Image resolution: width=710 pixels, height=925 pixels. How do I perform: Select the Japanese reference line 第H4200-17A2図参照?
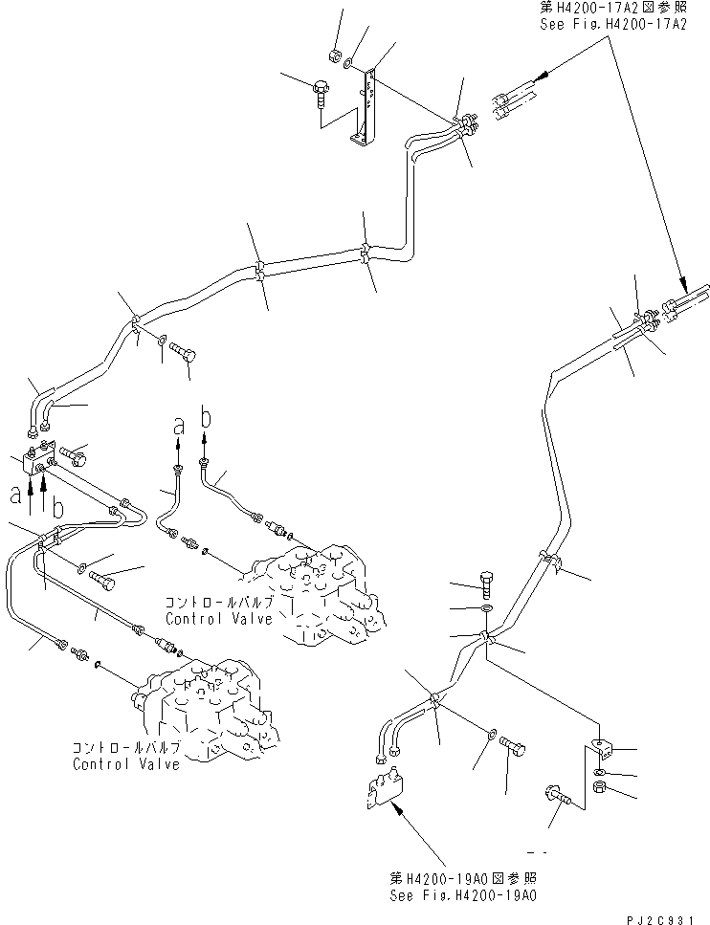pyautogui.click(x=619, y=9)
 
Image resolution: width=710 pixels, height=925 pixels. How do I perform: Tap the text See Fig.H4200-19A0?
pyautogui.click(x=462, y=895)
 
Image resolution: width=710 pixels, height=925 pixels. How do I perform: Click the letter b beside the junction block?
pyautogui.click(x=56, y=508)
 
